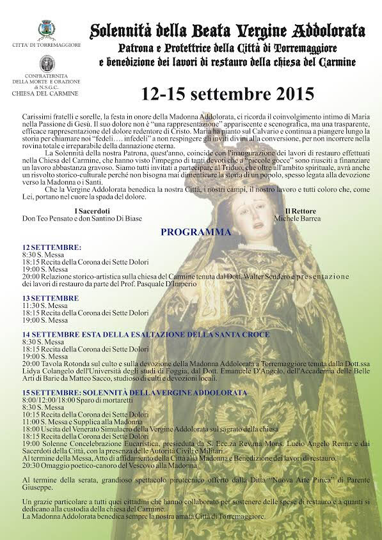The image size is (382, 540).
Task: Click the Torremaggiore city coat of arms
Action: [45, 30]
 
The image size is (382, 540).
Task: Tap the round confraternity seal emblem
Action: [45, 63]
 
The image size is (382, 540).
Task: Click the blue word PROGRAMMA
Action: [195, 233]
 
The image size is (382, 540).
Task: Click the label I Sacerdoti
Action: [92, 211]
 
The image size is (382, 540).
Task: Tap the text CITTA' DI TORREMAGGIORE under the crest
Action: [45, 45]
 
